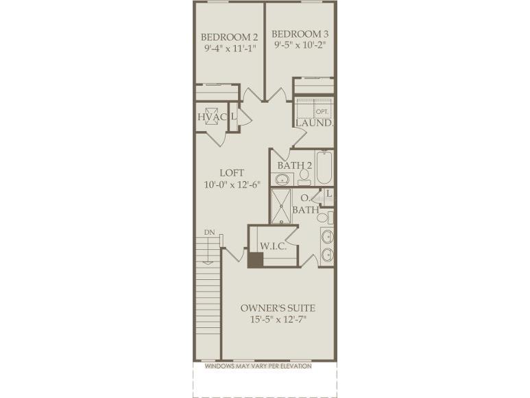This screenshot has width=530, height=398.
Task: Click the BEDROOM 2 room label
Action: [229, 36]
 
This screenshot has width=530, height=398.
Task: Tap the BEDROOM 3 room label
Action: [300, 34]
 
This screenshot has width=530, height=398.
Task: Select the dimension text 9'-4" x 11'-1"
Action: [229, 49]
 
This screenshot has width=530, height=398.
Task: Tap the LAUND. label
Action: [315, 123]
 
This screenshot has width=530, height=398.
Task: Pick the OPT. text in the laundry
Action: [322, 111]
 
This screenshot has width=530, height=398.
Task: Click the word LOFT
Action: [232, 172]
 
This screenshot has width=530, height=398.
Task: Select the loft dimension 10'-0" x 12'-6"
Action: [232, 185]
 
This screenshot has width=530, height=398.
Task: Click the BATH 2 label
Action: [295, 165]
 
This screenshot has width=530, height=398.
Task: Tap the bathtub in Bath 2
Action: [324, 167]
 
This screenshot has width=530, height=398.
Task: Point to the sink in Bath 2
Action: [282, 180]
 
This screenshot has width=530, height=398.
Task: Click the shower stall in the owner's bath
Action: [281, 206]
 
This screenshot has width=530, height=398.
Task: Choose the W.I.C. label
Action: [273, 245]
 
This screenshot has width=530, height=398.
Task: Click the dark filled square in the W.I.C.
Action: [255, 260]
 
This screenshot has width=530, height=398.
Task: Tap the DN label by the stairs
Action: [209, 233]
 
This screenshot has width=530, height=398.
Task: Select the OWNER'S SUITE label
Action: [278, 307]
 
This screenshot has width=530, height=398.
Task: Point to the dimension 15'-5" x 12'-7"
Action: [278, 320]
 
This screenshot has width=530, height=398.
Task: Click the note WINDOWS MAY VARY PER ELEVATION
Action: [265, 366]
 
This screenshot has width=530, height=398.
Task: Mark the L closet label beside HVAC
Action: [234, 117]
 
